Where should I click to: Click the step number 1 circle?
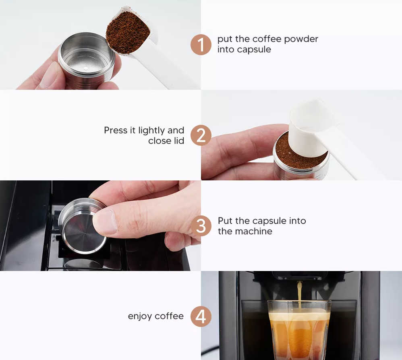[x=201, y=45]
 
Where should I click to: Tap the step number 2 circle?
[x=201, y=135]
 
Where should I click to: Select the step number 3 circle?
[x=201, y=226]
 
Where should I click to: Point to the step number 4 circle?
[x=201, y=316]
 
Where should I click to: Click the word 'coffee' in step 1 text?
[x=267, y=39]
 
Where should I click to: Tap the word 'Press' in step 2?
[x=116, y=130]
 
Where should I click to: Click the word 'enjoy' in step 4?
[x=140, y=317]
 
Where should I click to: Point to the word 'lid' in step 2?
[x=179, y=141]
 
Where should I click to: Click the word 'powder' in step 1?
[x=301, y=39]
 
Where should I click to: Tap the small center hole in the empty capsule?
[x=86, y=68]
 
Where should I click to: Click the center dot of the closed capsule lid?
[x=83, y=234]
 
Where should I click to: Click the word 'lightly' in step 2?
[x=151, y=131]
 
